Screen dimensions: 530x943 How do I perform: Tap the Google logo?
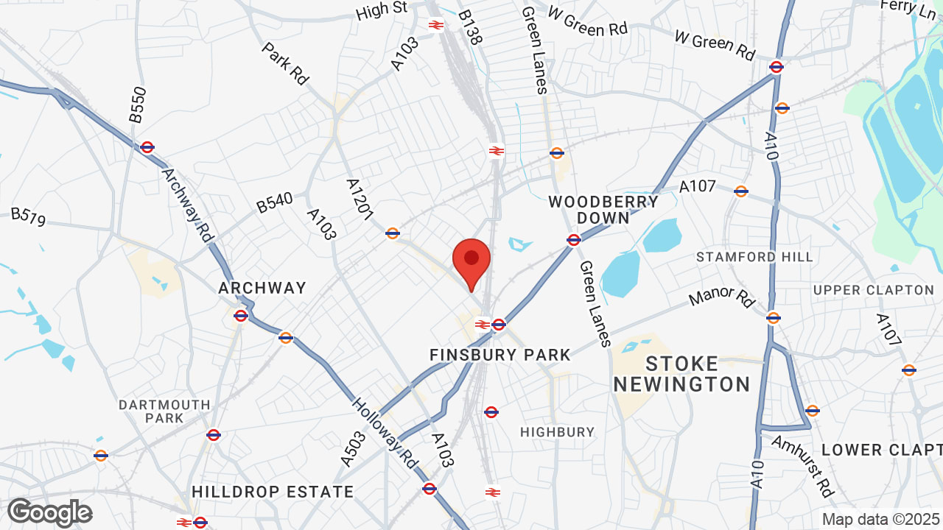pos(49,512)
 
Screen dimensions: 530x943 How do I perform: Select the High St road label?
pos(381,10)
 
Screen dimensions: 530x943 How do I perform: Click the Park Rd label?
pos(284,63)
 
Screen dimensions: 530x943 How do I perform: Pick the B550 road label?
pos(138,105)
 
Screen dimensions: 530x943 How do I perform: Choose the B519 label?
pos(28,217)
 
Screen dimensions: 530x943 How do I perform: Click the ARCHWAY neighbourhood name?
pos(262,288)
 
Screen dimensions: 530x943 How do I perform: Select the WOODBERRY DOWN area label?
pos(603,210)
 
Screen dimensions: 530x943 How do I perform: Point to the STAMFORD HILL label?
pos(754,257)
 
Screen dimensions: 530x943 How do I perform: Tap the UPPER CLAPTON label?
pos(874,290)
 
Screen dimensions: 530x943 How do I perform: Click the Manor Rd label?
pos(722,297)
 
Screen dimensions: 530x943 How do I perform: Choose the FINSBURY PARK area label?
pos(500,355)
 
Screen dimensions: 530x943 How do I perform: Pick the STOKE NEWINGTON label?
pos(681,374)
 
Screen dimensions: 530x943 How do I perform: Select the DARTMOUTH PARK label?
pos(164,411)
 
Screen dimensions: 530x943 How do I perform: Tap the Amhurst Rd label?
pos(803,464)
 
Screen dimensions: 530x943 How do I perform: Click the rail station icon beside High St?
pos(435,24)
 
